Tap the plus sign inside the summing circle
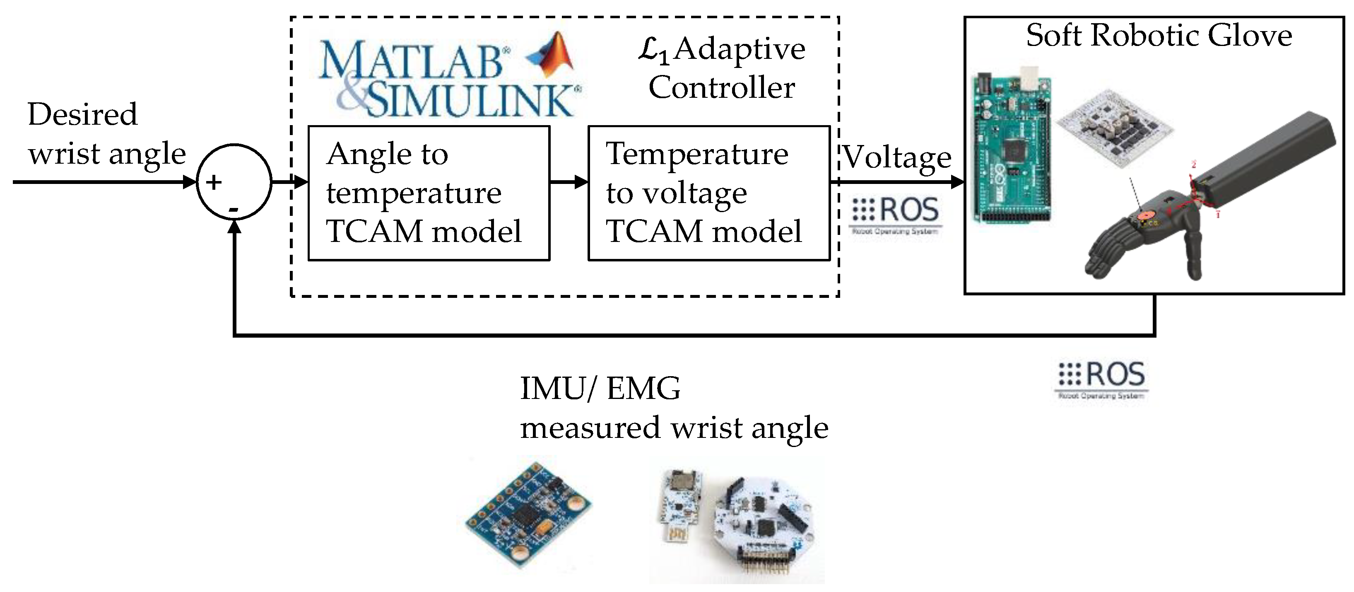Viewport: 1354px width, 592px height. (213, 182)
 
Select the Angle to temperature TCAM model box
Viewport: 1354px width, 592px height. (429, 193)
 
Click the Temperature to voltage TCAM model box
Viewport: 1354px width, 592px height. (708, 193)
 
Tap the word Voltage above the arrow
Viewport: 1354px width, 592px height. (897, 157)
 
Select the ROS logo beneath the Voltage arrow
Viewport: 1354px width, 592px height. (896, 213)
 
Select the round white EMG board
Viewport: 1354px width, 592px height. (762, 523)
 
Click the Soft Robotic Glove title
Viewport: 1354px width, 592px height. (1159, 36)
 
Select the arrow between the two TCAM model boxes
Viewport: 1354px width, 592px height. (569, 182)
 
